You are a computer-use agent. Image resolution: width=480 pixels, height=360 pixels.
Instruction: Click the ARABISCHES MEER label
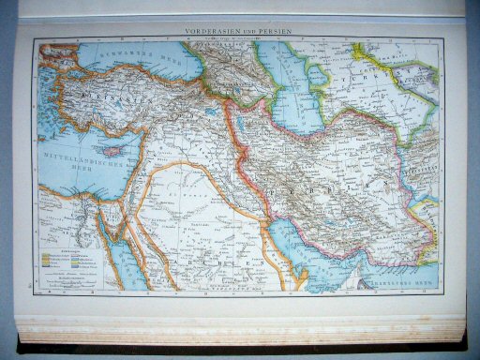pos(408,277)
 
